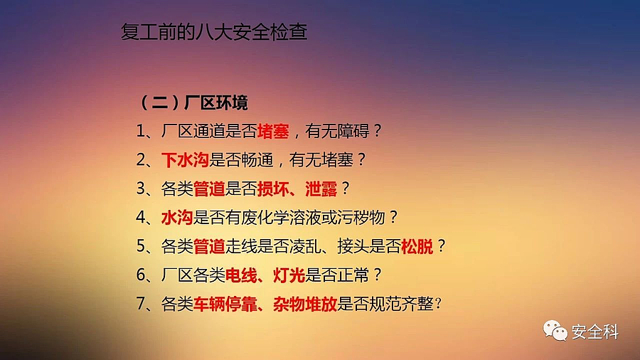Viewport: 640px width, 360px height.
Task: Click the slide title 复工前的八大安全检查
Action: coord(214,32)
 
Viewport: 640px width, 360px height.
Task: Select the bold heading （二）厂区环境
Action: coord(193,102)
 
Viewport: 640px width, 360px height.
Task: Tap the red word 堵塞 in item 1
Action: coord(273,132)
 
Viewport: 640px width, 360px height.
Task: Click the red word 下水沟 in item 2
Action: coord(185,160)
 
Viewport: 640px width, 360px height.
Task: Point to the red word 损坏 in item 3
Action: coord(273,189)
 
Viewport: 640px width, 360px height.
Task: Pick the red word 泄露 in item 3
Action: coord(321,189)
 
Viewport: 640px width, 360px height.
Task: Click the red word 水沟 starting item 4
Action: coord(177,218)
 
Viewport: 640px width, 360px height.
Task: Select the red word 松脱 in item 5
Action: coord(417,246)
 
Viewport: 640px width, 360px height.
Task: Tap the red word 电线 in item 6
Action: coord(241,275)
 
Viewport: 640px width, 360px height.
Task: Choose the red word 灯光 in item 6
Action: coord(289,275)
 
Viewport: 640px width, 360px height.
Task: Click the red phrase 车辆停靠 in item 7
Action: coord(225,304)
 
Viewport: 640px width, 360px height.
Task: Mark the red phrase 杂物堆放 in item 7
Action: coord(305,304)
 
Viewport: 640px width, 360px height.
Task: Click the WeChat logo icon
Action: coord(555,331)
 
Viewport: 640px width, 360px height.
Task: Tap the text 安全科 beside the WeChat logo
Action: coord(595,332)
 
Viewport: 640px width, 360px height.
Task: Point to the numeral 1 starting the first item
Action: coord(140,132)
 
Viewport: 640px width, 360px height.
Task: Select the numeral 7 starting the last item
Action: coord(140,304)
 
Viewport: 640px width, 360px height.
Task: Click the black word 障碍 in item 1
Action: coord(353,132)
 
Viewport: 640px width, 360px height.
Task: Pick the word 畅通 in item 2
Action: coord(257,160)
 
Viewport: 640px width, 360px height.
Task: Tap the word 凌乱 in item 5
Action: coord(305,246)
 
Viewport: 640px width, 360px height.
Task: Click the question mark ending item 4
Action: coord(393,217)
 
